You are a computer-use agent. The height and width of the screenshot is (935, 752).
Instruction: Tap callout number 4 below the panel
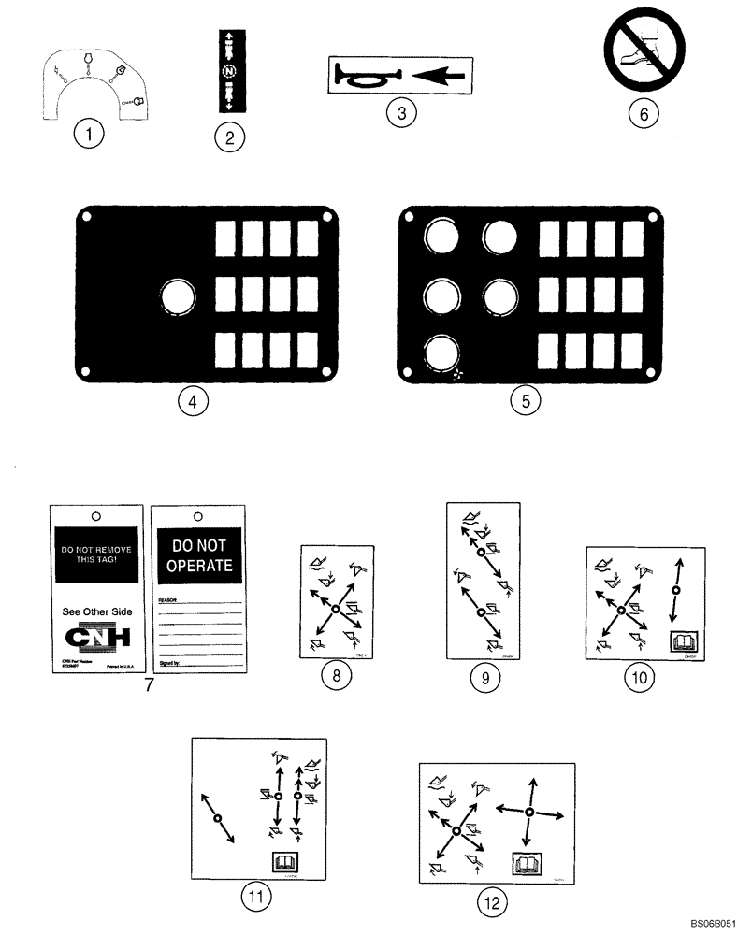click(192, 401)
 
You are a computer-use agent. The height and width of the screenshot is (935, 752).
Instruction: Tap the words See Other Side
click(96, 611)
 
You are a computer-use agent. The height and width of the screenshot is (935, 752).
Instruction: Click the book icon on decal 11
click(281, 862)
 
